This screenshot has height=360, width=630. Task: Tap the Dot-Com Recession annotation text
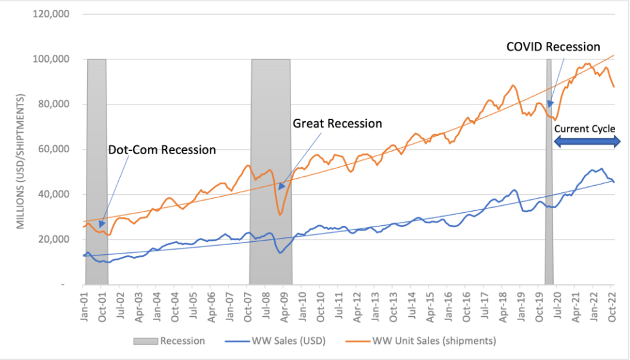tap(161, 150)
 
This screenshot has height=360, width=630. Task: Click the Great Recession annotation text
tap(337, 123)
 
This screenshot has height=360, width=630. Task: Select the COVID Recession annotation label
tap(553, 47)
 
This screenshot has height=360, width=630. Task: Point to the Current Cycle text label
tap(584, 128)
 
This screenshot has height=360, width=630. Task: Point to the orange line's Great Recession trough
tap(279, 214)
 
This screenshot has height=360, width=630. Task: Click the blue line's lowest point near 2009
tap(280, 252)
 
